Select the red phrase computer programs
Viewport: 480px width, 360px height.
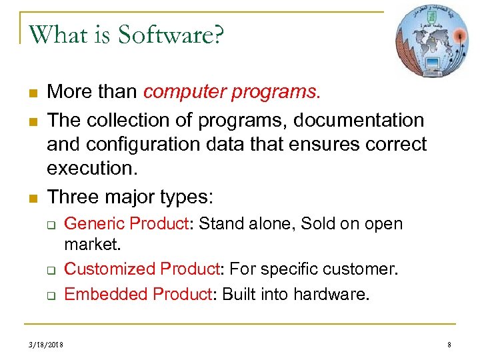232,91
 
